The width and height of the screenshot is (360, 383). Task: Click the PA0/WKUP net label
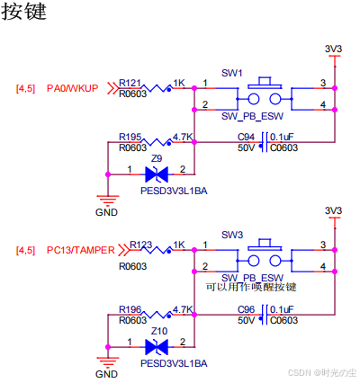pos(72,88)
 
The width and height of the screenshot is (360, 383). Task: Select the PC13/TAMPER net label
pos(81,250)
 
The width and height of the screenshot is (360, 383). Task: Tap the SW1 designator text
pos(231,73)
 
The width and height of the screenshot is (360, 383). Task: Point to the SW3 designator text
pos(232,235)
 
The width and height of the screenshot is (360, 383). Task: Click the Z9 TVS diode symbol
pos(157,174)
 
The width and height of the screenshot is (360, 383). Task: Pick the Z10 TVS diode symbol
pos(157,347)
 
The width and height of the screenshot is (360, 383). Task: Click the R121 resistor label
pos(130,83)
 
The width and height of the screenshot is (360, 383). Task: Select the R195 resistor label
pos(130,137)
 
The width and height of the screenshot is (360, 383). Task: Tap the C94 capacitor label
pos(246,137)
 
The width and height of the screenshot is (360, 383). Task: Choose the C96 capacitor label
pos(246,309)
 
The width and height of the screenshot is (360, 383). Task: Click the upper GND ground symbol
pos(108,200)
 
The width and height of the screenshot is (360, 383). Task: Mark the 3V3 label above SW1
pos(333,49)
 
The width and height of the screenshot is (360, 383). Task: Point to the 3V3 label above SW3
pos(333,210)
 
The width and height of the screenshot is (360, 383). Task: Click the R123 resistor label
pos(140,245)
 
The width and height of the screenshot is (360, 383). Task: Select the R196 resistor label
pos(130,309)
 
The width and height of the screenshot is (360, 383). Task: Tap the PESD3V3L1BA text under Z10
pos(174,363)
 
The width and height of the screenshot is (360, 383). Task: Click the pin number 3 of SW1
pos(323,83)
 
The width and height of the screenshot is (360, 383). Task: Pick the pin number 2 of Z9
pos(183,169)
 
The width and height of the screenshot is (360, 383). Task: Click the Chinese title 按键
pos(24,12)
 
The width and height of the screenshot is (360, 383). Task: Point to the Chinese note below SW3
pos(251,287)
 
